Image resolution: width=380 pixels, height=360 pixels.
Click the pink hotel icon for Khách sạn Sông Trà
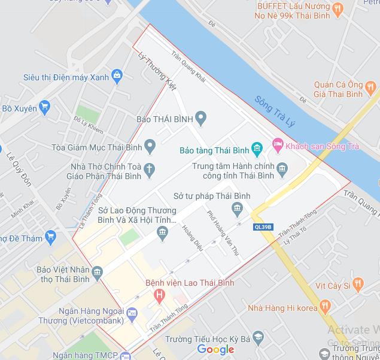(276, 144)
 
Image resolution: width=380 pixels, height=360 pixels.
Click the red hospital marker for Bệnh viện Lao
(159, 295)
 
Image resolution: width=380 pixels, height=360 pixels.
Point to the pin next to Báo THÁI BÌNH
(201, 119)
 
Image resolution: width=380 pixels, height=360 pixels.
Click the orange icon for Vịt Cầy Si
(358, 284)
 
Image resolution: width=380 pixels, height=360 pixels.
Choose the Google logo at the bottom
(215, 349)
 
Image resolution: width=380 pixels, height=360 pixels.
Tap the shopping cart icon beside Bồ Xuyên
(44, 108)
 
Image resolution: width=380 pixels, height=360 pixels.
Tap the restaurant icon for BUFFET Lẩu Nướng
(338, 8)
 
